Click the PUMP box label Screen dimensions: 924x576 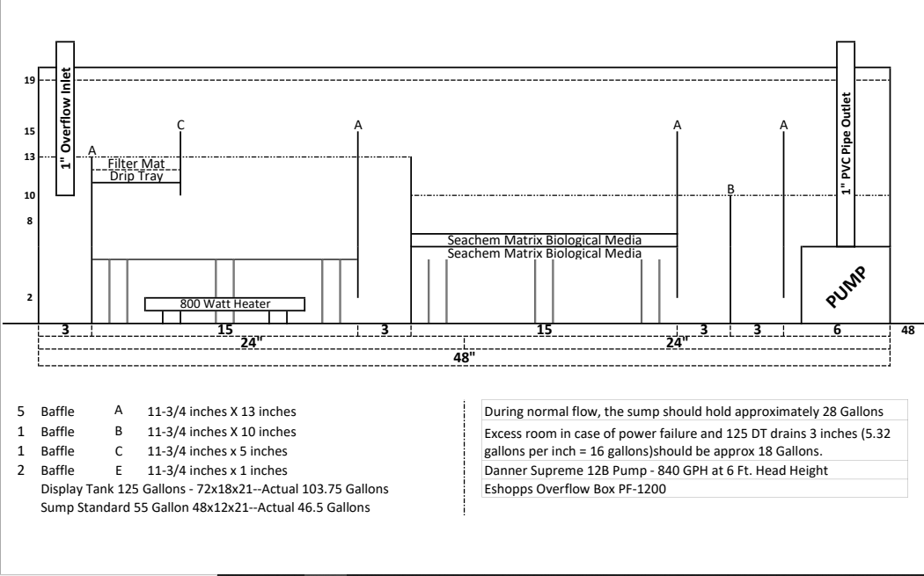tap(847, 287)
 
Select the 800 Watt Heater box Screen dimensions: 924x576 tap(224, 304)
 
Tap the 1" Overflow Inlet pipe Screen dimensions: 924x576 tap(65, 118)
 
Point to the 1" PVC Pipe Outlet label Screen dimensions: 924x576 tap(847, 143)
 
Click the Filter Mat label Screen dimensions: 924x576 tap(136, 164)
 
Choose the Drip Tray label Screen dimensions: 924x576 tap(136, 176)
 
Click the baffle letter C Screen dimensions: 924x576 tap(181, 125)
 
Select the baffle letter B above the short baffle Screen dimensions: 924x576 tap(730, 189)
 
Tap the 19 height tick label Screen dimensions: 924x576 tap(29, 80)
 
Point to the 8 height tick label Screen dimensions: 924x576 tap(29, 221)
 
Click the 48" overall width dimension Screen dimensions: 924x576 tap(464, 357)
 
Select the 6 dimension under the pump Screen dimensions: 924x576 tap(837, 330)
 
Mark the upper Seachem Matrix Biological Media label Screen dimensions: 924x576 tap(544, 240)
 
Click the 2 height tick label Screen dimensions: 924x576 tap(29, 297)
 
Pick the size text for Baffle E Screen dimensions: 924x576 tap(217, 470)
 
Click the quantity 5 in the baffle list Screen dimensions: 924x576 tap(20, 412)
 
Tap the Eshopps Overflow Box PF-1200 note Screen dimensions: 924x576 tap(576, 489)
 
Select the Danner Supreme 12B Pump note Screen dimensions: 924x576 tap(656, 470)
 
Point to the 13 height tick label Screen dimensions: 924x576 tap(29, 157)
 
